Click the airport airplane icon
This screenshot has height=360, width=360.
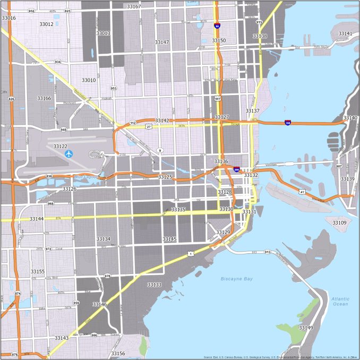(68, 154)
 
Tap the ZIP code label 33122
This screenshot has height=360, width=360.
(60, 146)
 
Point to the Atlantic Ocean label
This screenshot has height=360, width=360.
(340, 301)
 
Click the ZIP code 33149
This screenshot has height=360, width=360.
(305, 328)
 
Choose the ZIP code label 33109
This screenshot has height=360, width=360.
(339, 222)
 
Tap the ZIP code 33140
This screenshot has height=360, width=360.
(350, 118)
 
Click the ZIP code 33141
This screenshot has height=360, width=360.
(345, 33)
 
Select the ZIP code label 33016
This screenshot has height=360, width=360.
(8, 18)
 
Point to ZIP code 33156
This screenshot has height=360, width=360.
(118, 353)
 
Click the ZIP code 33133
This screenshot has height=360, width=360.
(154, 285)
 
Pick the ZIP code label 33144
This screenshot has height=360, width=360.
(37, 219)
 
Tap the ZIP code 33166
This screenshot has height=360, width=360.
(44, 98)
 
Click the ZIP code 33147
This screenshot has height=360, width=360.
(162, 42)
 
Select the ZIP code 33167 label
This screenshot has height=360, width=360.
(134, 6)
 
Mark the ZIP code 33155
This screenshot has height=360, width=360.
(38, 271)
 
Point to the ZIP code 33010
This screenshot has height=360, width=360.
(89, 80)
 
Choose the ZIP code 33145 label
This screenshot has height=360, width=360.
(169, 239)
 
